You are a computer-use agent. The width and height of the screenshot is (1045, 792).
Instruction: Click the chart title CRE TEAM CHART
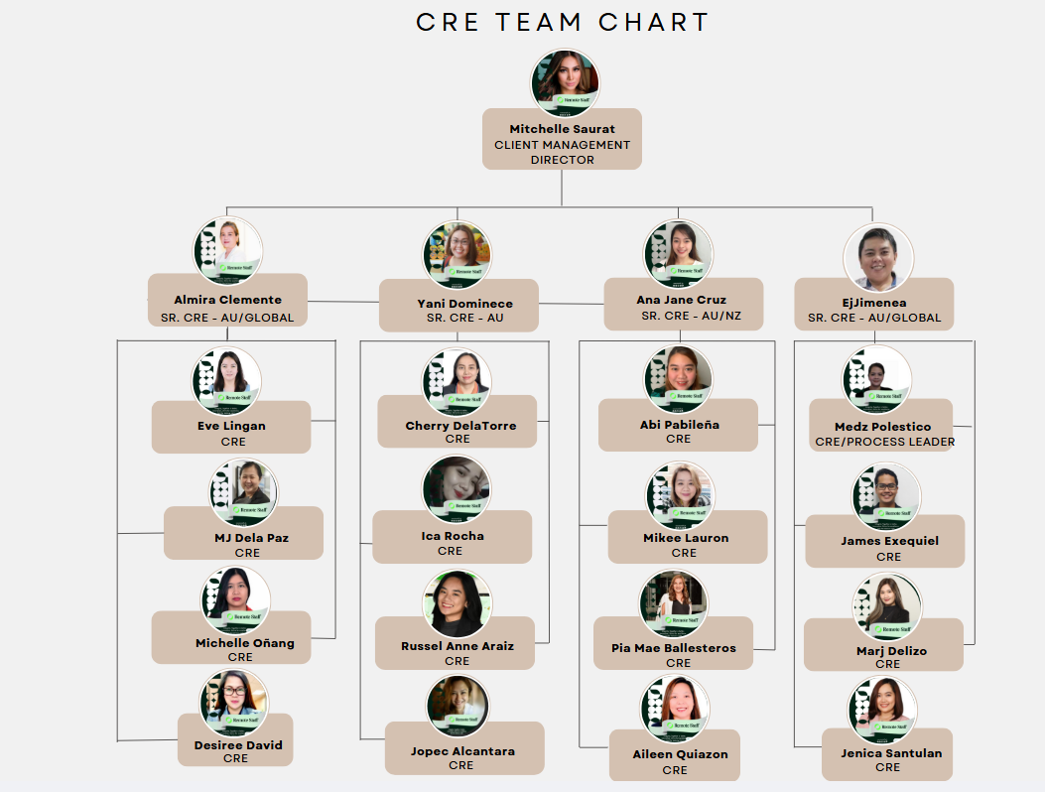pyautogui.click(x=562, y=22)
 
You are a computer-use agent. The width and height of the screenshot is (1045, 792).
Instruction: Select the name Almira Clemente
pyautogui.click(x=227, y=300)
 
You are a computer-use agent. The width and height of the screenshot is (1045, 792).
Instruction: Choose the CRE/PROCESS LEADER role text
pyautogui.click(x=884, y=442)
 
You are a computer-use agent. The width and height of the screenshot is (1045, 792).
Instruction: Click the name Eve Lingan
pyautogui.click(x=231, y=426)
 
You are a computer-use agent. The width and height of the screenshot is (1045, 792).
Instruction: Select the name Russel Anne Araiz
pyautogui.click(x=457, y=646)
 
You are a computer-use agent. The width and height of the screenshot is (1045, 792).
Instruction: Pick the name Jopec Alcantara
pyautogui.click(x=462, y=751)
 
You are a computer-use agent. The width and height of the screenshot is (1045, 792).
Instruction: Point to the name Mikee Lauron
pyautogui.click(x=686, y=538)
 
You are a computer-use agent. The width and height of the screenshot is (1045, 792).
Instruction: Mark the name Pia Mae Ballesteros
pyautogui.click(x=674, y=648)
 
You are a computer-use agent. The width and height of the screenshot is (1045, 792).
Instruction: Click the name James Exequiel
pyautogui.click(x=889, y=541)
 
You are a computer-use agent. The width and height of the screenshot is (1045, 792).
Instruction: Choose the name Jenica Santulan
pyautogui.click(x=888, y=753)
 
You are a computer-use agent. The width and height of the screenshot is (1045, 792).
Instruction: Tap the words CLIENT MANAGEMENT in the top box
pyautogui.click(x=562, y=145)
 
